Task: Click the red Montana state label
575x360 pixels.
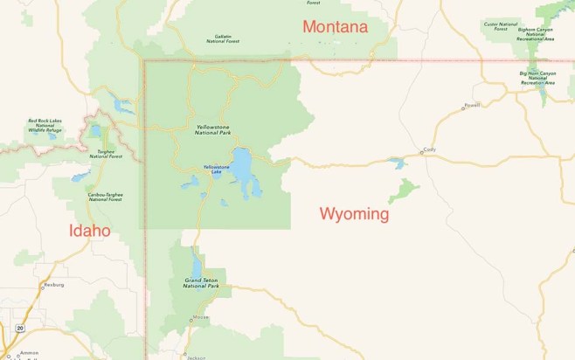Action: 335,27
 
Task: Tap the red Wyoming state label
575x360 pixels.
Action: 354,213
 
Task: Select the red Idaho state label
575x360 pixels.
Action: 90,231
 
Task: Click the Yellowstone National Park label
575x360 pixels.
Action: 213,131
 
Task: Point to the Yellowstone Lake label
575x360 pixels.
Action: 217,169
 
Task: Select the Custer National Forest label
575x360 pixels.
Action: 495,27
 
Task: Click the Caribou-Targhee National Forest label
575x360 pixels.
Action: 105,197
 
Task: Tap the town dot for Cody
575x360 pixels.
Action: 421,154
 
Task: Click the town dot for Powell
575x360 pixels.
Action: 464,108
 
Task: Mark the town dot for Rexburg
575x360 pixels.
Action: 41,286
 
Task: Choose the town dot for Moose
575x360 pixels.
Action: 191,320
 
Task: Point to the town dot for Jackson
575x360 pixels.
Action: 185,355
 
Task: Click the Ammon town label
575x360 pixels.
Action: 30,352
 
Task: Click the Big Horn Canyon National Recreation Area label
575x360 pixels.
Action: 537,78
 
